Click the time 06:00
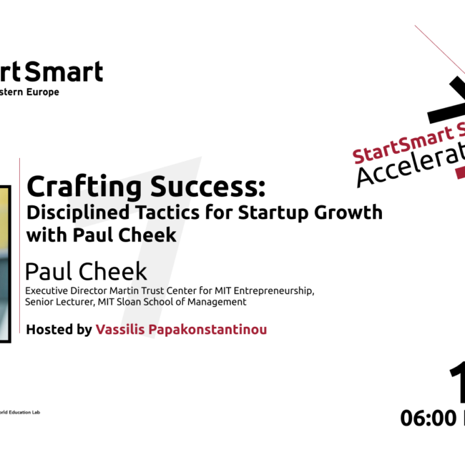tap(427, 418)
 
